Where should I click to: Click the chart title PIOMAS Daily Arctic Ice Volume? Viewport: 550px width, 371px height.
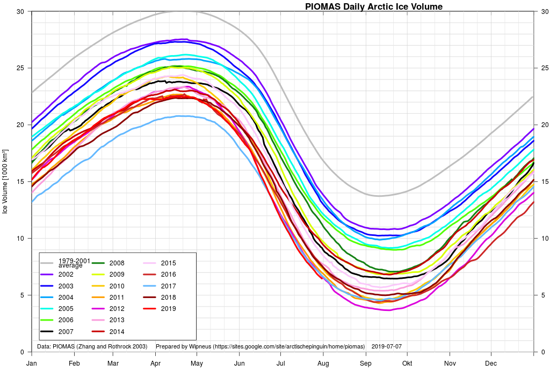pyautogui.click(x=374, y=7)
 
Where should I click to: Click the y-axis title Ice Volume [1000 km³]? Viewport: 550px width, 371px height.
pyautogui.click(x=5, y=182)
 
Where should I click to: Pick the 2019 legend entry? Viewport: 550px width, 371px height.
pyautogui.click(x=168, y=309)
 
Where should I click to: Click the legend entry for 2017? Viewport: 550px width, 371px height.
pyautogui.click(x=168, y=286)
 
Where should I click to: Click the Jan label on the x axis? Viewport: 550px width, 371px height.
pyautogui.click(x=32, y=363)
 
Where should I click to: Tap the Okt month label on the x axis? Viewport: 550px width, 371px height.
pyautogui.click(x=407, y=363)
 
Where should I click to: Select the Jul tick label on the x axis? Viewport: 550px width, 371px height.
pyautogui.click(x=280, y=363)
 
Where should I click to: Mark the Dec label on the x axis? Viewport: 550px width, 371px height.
pyautogui.click(x=491, y=363)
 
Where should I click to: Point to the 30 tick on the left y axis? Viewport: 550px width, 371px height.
pyautogui.click(x=20, y=11)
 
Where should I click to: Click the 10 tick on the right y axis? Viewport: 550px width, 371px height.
pyautogui.click(x=542, y=239)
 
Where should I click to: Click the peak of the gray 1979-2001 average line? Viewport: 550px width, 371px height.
pyautogui.click(x=180, y=11)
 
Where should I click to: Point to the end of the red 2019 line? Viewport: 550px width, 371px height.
pyautogui.click(x=322, y=278)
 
